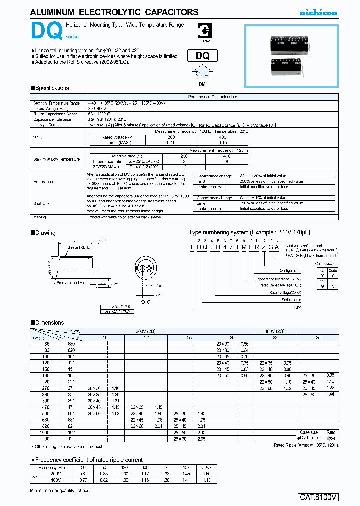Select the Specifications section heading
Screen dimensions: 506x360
point(52,88)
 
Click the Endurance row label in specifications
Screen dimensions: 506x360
point(43,181)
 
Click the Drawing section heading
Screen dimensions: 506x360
point(45,233)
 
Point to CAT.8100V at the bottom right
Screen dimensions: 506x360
point(319,497)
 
